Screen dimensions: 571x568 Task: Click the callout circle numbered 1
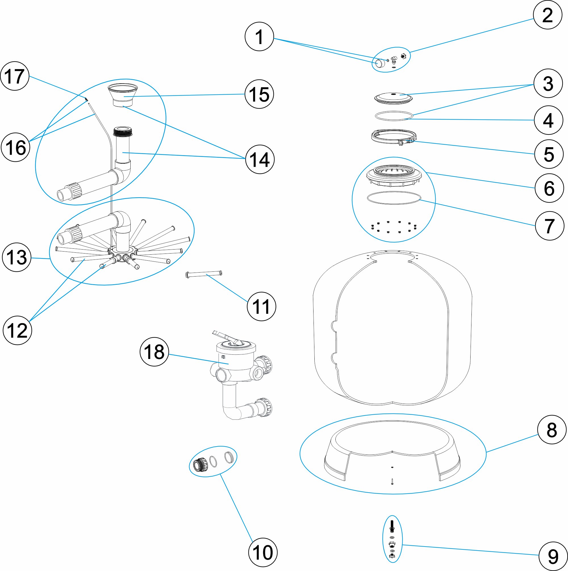[x=259, y=37]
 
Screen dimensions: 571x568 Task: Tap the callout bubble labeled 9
[x=553, y=556]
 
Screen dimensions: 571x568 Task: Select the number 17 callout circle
[x=15, y=76]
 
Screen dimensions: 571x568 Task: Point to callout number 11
[x=261, y=306]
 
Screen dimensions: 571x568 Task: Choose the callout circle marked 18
[x=154, y=352]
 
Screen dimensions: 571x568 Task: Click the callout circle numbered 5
[x=548, y=154]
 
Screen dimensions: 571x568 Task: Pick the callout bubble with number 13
[x=16, y=257]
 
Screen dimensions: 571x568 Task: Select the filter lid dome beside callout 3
[x=393, y=97]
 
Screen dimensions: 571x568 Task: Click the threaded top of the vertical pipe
[x=123, y=131]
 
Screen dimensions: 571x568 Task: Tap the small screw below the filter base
[x=392, y=481]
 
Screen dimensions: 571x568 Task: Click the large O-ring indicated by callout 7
[x=393, y=198]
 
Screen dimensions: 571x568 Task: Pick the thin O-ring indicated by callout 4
[x=393, y=116]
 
